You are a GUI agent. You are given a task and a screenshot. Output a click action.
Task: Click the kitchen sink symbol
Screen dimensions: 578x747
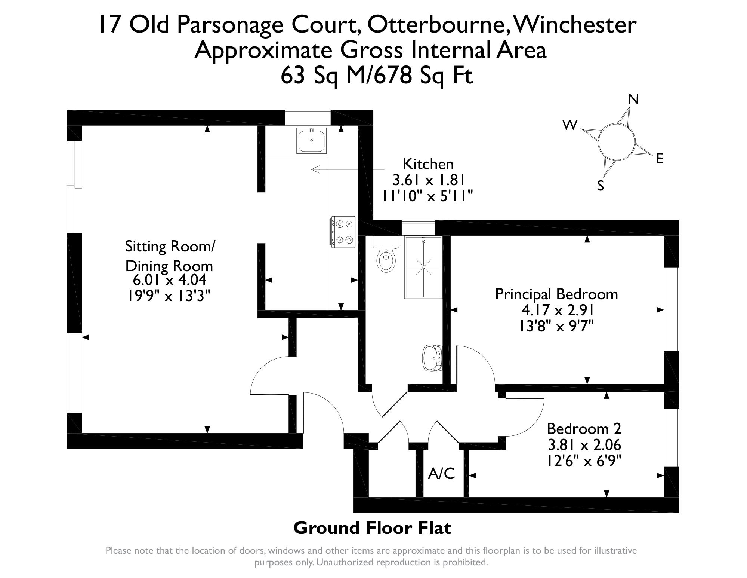[x=311, y=140]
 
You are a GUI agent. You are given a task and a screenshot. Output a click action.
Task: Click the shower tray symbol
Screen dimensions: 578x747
[x=423, y=267]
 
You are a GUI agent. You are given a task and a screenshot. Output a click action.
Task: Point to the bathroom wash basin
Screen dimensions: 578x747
[x=432, y=358]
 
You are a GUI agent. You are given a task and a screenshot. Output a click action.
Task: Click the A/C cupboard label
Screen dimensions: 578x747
[x=441, y=474]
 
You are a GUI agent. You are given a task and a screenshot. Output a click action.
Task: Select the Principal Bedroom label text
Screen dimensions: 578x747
[x=556, y=294]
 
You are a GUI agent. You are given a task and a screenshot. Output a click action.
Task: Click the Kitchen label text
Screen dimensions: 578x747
[x=428, y=164]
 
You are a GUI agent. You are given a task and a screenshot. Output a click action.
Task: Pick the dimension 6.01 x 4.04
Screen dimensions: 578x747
[x=169, y=280]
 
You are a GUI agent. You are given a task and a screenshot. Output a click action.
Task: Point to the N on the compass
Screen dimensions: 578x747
[x=633, y=99]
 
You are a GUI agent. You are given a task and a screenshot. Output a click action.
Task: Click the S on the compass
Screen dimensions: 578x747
[x=601, y=186]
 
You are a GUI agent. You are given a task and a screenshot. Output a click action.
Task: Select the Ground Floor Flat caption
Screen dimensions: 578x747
[x=372, y=528]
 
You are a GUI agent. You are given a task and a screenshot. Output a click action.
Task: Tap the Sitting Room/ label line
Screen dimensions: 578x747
[x=170, y=247]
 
